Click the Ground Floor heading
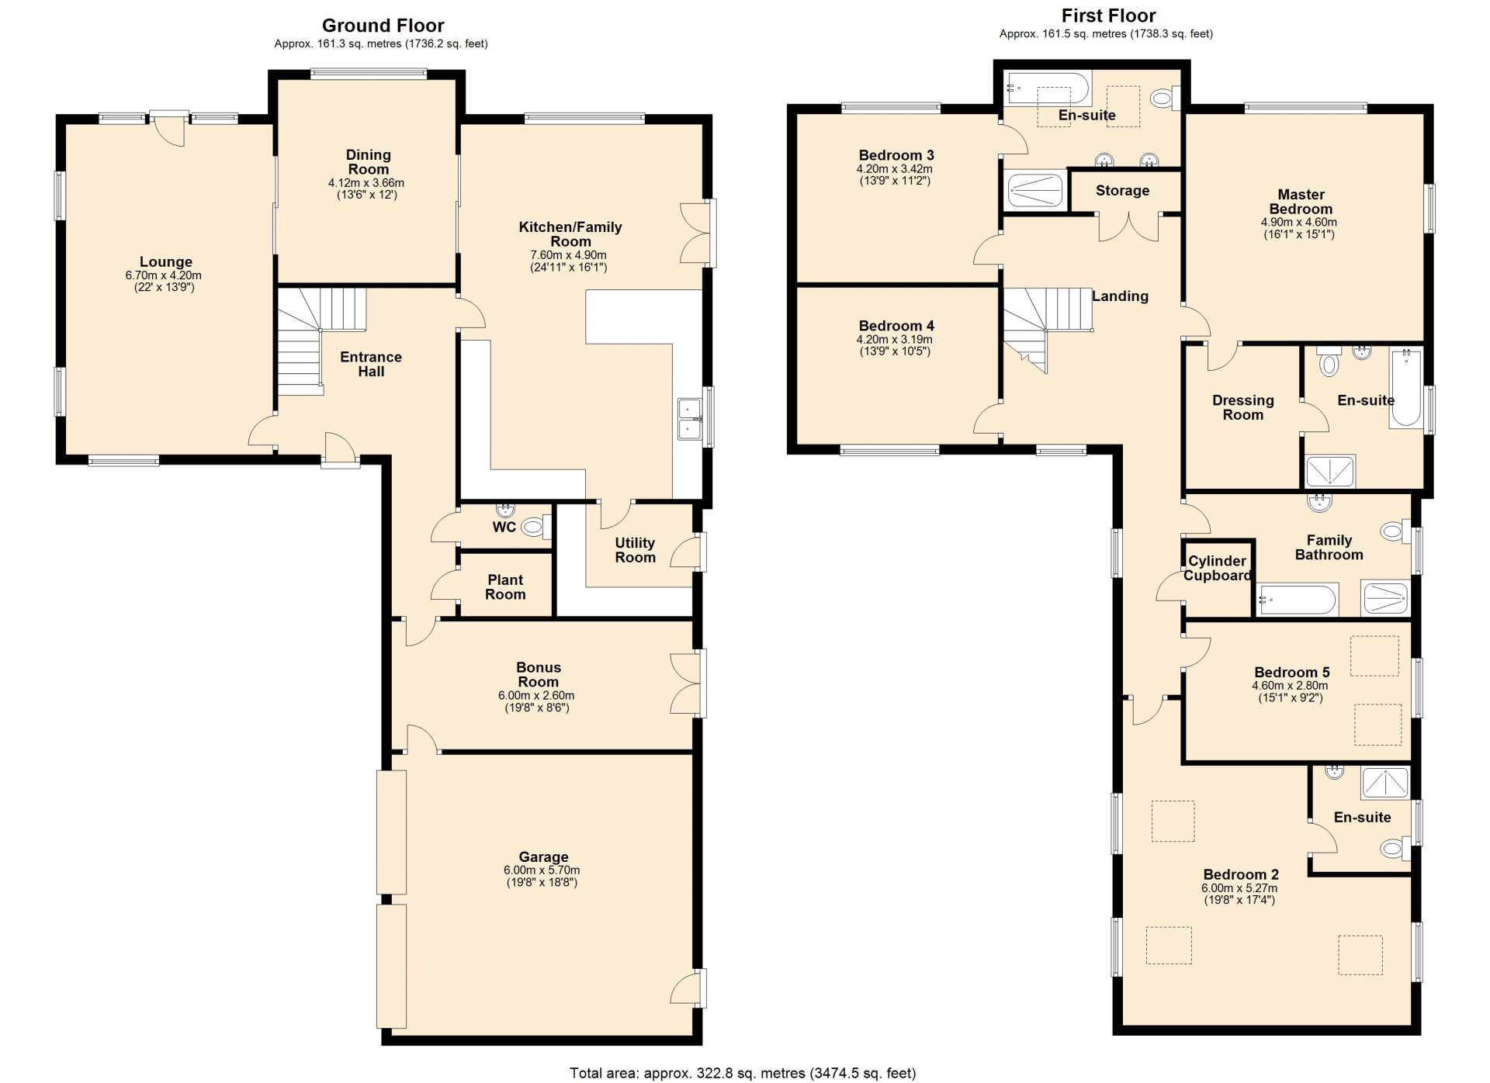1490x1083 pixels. [x=383, y=26]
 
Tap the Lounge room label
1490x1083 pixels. [x=165, y=262]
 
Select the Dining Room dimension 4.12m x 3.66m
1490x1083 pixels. [x=366, y=183]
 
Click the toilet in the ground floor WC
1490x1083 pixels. [x=533, y=528]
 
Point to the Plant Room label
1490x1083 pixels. [x=505, y=587]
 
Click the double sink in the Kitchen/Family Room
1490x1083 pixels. [x=689, y=419]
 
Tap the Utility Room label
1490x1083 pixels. [x=635, y=550]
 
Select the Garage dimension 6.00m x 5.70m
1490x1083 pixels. [x=542, y=870]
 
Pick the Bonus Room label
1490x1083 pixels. [x=538, y=674]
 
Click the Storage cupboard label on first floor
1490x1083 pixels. [x=1122, y=191]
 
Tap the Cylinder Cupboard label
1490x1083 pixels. [x=1217, y=568]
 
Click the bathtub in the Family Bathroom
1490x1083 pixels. [x=1297, y=600]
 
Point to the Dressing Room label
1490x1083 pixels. [x=1242, y=407]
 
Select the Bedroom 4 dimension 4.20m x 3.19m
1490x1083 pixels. [x=894, y=340]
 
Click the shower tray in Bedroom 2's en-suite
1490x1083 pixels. [x=1385, y=783]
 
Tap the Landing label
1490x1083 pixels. [x=1120, y=296]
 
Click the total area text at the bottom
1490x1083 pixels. [x=743, y=1073]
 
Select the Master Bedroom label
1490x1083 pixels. [x=1301, y=202]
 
